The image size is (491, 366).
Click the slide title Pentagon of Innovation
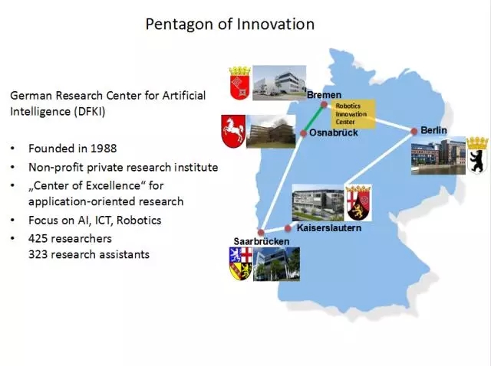230,25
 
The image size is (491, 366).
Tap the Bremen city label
324,95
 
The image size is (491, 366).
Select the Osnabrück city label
334,132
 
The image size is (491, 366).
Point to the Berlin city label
433,130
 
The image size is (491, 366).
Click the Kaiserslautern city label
329,227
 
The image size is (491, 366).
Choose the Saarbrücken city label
262,241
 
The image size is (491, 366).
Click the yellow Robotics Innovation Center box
354,114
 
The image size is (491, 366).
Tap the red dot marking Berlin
414,131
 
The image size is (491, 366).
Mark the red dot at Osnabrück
303,133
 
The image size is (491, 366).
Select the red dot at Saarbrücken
261,233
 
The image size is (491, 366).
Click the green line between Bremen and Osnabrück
314,119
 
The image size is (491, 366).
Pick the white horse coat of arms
233,131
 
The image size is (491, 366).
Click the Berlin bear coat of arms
477,155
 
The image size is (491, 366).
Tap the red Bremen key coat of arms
240,83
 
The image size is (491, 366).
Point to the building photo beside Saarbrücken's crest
276,264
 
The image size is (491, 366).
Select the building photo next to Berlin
438,155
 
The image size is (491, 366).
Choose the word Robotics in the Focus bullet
139,220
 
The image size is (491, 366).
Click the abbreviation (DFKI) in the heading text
90,111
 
